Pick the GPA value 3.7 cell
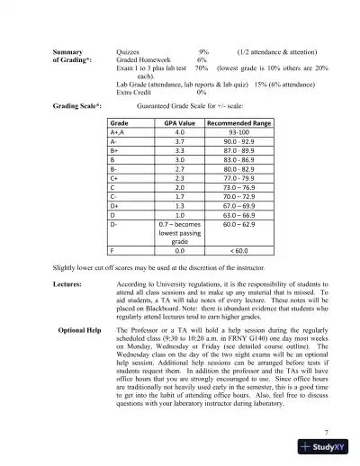tap(180, 142)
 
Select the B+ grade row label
tap(114, 153)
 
